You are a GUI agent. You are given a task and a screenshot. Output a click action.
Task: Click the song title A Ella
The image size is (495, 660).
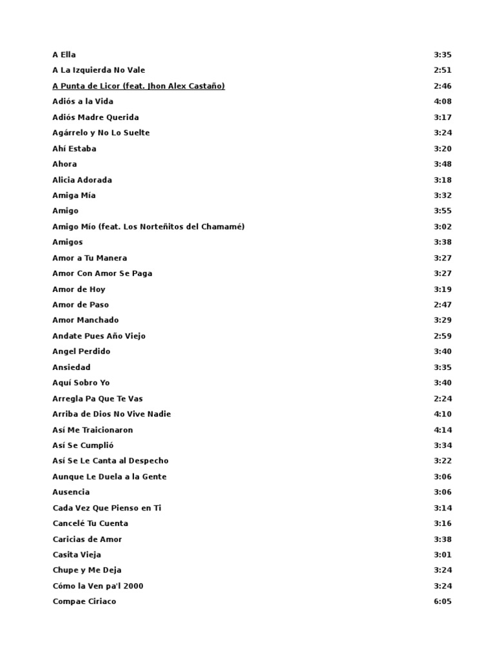64,55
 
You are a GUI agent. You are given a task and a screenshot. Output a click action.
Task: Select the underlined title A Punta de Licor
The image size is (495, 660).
139,86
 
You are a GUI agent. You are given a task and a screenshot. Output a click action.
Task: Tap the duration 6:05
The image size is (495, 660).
443,601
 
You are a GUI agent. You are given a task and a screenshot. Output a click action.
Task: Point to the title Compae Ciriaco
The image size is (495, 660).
84,601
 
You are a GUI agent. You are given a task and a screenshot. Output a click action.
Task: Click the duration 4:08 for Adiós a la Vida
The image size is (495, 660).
443,101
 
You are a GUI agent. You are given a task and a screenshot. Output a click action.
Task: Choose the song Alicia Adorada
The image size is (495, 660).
82,180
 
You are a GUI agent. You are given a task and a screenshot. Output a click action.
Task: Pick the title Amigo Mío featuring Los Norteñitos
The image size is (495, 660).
148,226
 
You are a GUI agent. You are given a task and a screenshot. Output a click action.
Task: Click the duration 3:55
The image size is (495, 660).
443,211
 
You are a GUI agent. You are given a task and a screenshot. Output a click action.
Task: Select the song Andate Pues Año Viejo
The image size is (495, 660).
99,336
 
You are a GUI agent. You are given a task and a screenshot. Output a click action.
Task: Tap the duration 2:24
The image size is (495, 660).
443,398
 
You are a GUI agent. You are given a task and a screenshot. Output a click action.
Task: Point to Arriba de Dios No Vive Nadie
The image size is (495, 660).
112,414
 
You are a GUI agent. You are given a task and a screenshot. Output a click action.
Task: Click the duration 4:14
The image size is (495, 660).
443,430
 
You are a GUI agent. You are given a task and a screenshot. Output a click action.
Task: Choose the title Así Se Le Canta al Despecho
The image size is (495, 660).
110,461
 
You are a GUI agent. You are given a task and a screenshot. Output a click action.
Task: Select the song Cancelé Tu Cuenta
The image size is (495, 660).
90,523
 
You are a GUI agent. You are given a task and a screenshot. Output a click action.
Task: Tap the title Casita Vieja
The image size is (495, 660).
77,554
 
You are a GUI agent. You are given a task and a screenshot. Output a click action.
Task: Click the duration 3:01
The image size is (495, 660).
443,554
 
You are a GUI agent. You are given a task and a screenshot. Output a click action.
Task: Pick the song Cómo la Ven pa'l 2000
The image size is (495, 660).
98,586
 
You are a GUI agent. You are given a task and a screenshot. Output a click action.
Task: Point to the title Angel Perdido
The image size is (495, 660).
81,351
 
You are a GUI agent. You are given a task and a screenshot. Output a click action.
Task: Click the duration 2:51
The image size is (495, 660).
443,70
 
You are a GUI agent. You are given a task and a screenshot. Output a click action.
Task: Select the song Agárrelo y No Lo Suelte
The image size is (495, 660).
101,133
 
